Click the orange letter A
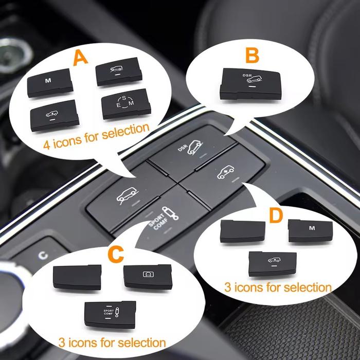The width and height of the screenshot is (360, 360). (x=80, y=58)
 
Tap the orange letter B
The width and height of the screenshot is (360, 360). (x=252, y=55)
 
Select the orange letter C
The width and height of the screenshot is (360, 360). (x=116, y=255)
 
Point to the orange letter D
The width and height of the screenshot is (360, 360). (x=276, y=215)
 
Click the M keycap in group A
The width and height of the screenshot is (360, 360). (x=50, y=82)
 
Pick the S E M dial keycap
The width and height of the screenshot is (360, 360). (x=126, y=104)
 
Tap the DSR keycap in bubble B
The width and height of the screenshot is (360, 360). (x=250, y=84)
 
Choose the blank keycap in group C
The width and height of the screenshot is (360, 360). (x=77, y=277)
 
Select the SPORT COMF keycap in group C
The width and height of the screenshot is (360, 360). (x=110, y=315)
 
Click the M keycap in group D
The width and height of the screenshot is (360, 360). (x=310, y=230)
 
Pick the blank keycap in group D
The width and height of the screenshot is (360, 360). (x=242, y=231)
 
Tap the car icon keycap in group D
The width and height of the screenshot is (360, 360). (x=273, y=264)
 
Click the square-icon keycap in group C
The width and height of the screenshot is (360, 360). (x=148, y=277)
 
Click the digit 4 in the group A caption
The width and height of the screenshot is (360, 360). (x=47, y=145)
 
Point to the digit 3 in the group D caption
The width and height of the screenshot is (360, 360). (x=227, y=287)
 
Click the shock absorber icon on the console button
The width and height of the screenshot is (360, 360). (x=170, y=213)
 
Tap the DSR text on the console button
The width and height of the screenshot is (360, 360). (x=183, y=148)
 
